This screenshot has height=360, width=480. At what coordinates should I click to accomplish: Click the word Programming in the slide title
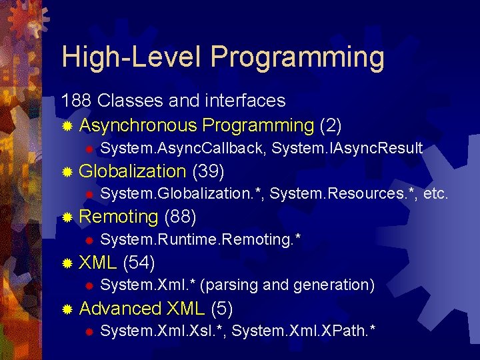pyautogui.click(x=297, y=58)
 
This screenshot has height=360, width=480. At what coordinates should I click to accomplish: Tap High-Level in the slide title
pyautogui.click(x=133, y=57)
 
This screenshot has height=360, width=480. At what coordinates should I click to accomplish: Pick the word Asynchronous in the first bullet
pyautogui.click(x=138, y=125)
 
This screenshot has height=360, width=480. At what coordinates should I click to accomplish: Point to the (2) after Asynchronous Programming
pyautogui.click(x=331, y=125)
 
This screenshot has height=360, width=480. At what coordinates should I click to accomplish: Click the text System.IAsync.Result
pyautogui.click(x=347, y=148)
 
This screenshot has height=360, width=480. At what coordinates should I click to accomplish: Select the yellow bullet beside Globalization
pyautogui.click(x=67, y=172)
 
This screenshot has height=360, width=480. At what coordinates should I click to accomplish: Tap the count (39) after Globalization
pyautogui.click(x=208, y=171)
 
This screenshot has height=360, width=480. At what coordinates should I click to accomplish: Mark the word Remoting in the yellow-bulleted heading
pyautogui.click(x=118, y=217)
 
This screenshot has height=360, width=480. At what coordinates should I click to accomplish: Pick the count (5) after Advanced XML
pyautogui.click(x=221, y=308)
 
